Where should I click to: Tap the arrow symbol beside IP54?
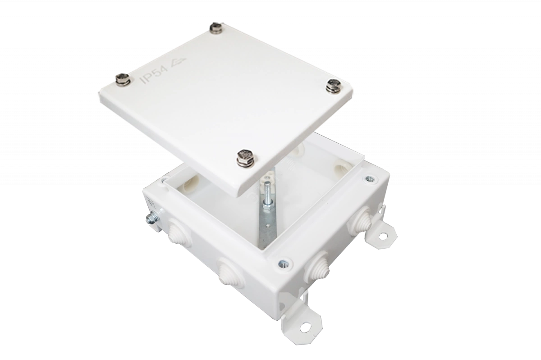pos(178,62)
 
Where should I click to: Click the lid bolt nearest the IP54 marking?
pos(123,79)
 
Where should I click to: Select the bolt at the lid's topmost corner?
pos(216,28)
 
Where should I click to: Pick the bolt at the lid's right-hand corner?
pos(334,86)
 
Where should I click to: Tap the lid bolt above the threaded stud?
pos(246,157)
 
